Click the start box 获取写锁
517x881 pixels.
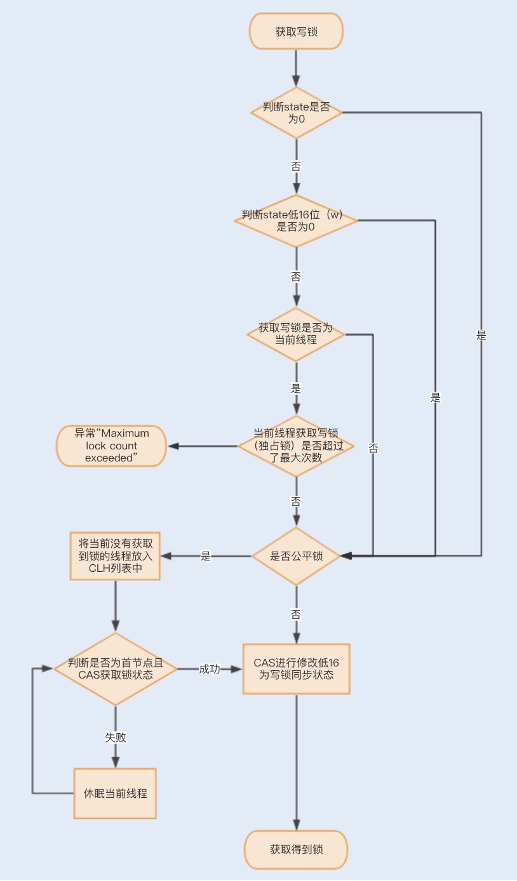[296, 32]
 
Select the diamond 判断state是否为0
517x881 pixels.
[296, 112]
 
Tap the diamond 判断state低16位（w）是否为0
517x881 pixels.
[296, 220]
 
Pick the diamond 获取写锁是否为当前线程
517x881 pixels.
[296, 334]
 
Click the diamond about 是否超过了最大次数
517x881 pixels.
[296, 446]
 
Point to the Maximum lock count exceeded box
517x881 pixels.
[111, 446]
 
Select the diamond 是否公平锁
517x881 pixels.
[296, 556]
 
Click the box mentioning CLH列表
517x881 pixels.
[115, 556]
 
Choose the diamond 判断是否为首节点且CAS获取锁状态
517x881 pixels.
[115, 668]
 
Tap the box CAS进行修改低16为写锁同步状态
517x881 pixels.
[296, 668]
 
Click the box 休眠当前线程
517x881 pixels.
[115, 793]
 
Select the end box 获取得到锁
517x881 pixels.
[296, 849]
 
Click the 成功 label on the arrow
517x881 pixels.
[210, 669]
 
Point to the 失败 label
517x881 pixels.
[115, 737]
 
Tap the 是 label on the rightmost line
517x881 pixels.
[481, 336]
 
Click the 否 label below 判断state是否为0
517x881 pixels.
[296, 166]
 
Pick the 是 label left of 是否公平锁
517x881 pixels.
[206, 556]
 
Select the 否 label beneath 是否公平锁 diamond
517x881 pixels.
[296, 614]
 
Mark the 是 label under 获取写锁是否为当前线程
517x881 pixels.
[296, 388]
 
